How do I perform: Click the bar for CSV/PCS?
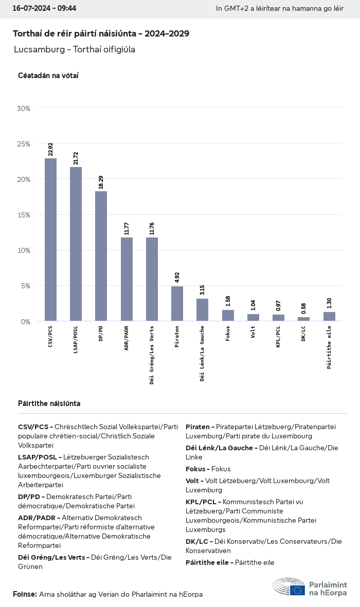[x=50, y=240]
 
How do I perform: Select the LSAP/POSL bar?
[x=76, y=244]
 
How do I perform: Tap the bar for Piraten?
[x=177, y=303]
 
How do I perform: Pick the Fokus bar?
[x=228, y=315]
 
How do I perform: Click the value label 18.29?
[x=101, y=182]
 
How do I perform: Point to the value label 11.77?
[x=126, y=228]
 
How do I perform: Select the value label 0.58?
[x=303, y=308]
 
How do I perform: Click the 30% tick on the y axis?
[x=24, y=108]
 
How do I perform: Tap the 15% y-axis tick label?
[x=24, y=215]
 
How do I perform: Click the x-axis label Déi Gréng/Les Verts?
[x=152, y=355]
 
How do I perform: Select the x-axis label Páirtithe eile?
[x=329, y=347]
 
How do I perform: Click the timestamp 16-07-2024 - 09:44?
[x=44, y=9]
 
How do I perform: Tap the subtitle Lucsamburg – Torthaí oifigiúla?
[x=75, y=49]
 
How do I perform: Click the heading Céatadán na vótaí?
[x=48, y=76]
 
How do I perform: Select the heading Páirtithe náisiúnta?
[x=49, y=403]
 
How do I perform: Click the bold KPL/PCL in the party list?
[x=202, y=502]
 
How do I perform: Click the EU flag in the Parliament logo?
[x=297, y=590]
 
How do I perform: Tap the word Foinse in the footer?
[x=24, y=594]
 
